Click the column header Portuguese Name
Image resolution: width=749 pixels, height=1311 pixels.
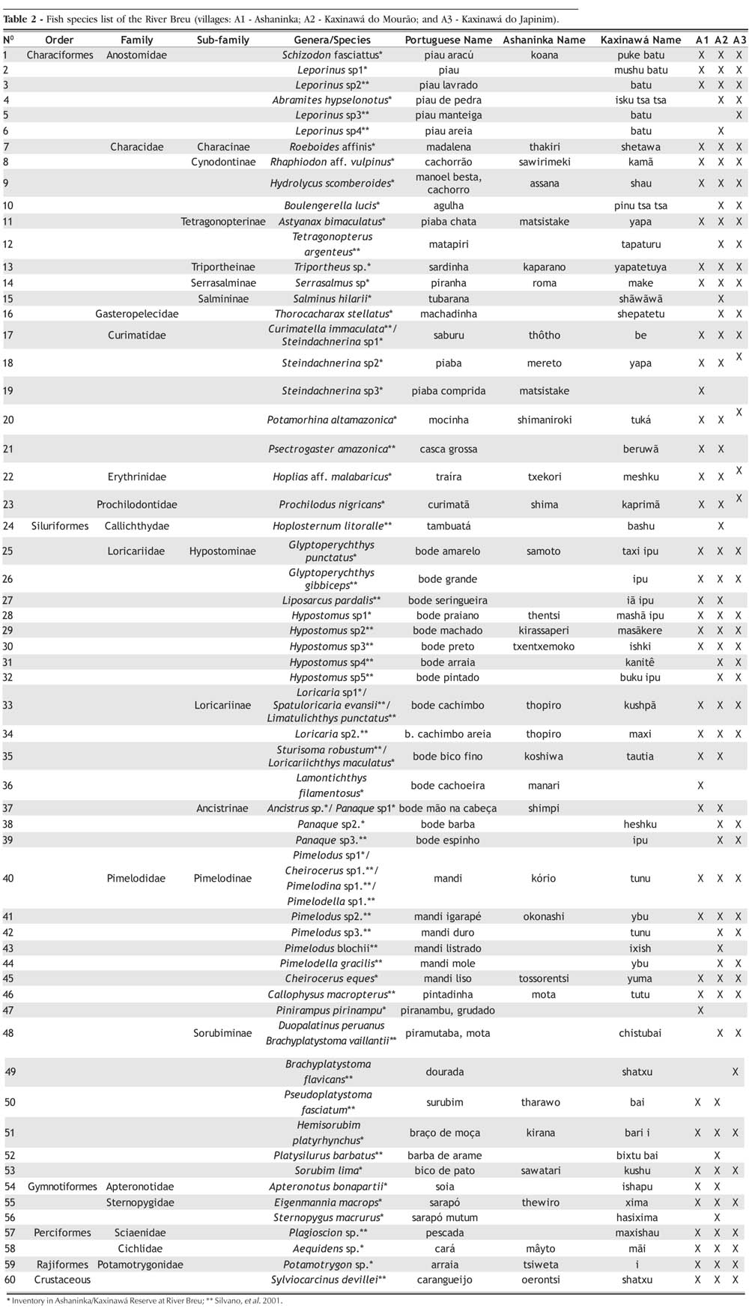pos(448,40)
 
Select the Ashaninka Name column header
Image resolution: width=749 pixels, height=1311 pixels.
pos(544,40)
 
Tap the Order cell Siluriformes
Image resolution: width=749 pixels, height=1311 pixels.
pos(60,526)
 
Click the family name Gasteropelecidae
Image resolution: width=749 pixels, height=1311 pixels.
pos(137,314)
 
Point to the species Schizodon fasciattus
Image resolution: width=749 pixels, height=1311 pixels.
pos(332,55)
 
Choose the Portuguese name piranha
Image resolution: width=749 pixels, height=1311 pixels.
pos(448,282)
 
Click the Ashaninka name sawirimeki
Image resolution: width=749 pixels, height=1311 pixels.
pos(544,162)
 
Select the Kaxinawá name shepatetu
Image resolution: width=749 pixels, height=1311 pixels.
pos(640,314)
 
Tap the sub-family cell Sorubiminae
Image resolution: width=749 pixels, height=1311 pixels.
pos(222,1033)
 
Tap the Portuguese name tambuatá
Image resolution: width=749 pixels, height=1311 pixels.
pos(448,526)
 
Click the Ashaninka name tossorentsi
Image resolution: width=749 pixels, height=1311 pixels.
pos(544,978)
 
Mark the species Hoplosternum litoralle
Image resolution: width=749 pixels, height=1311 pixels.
pos(332,526)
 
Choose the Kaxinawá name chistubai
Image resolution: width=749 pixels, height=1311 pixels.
pos(640,1033)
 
